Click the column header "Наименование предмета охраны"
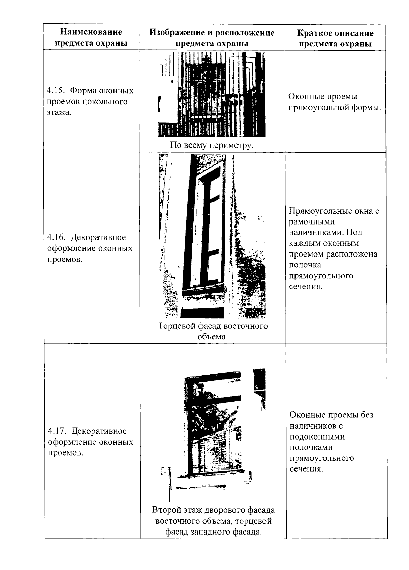[91, 37]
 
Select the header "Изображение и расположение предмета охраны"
[212, 38]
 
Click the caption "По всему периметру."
[212, 145]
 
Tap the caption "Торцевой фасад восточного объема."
[213, 331]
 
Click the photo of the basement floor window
[212, 94]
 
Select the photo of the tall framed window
[212, 236]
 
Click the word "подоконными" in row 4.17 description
[317, 436]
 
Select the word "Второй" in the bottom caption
[165, 510]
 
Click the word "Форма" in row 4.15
[82, 91]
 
